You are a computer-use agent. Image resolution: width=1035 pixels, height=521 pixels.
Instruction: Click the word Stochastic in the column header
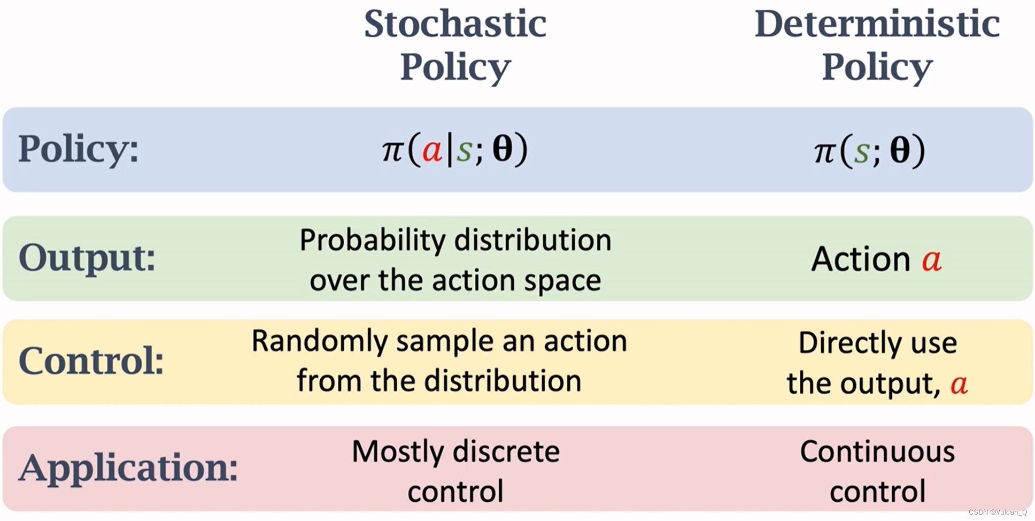pos(455,24)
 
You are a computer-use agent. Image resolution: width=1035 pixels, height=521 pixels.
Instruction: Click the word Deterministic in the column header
pos(877,24)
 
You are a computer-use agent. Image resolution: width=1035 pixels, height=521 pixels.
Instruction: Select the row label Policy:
pos(79,149)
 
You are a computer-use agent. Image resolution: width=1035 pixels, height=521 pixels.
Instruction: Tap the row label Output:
pos(87,258)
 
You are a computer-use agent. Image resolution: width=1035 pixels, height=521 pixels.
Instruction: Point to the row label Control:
pos(91,361)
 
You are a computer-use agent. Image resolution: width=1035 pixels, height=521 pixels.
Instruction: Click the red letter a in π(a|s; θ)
pos(432,151)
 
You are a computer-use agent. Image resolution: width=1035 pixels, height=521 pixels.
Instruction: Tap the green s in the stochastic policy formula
pos(464,151)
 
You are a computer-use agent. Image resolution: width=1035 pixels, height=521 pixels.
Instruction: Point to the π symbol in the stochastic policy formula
pos(392,152)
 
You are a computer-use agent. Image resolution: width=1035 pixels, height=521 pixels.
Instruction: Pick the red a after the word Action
pos(932,260)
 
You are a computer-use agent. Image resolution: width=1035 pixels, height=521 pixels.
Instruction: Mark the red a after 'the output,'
pos(959,385)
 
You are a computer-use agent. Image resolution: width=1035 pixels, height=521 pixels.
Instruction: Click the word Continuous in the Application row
pos(877,451)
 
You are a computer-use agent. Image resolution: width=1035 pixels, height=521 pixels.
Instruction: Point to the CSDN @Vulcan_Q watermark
pos(998,512)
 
